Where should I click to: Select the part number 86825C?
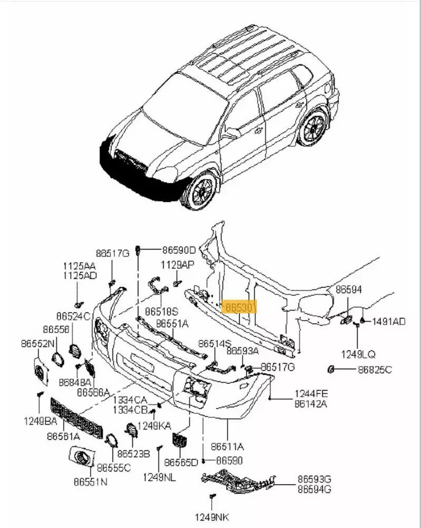[372, 369]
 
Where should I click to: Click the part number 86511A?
[227, 446]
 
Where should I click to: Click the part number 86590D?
[179, 250]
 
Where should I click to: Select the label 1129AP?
[178, 265]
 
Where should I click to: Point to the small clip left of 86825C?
[331, 369]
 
